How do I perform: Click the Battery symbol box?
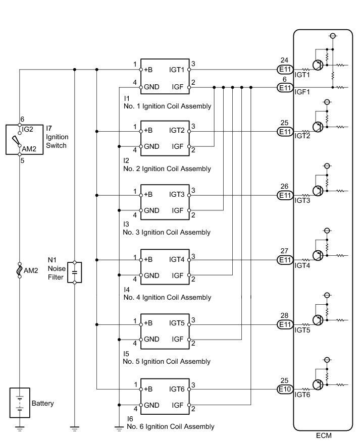pos(20,403)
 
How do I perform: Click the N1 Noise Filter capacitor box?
pos(74,272)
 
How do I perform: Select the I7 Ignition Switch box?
pos(24,140)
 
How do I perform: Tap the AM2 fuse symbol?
pos(20,270)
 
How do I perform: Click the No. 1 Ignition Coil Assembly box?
pos(165,76)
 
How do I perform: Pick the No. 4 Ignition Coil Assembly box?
pos(165,267)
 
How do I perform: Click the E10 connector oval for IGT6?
pos(285,389)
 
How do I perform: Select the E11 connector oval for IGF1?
pos(285,88)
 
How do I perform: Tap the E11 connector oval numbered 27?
pos(285,260)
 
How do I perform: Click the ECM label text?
pos(323,435)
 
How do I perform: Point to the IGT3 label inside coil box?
pos(177,194)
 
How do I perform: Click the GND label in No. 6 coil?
pos(151,405)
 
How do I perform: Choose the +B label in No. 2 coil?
pos(148,131)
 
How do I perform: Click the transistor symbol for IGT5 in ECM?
pos(318,320)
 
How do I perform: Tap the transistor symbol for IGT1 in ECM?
pos(318,65)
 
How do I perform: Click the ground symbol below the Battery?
pos(20,428)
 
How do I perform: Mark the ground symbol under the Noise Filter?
pos(74,428)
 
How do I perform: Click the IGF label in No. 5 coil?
pos(177,339)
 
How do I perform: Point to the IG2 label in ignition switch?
pos(28,129)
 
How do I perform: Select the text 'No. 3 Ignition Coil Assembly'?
pos(167,233)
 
